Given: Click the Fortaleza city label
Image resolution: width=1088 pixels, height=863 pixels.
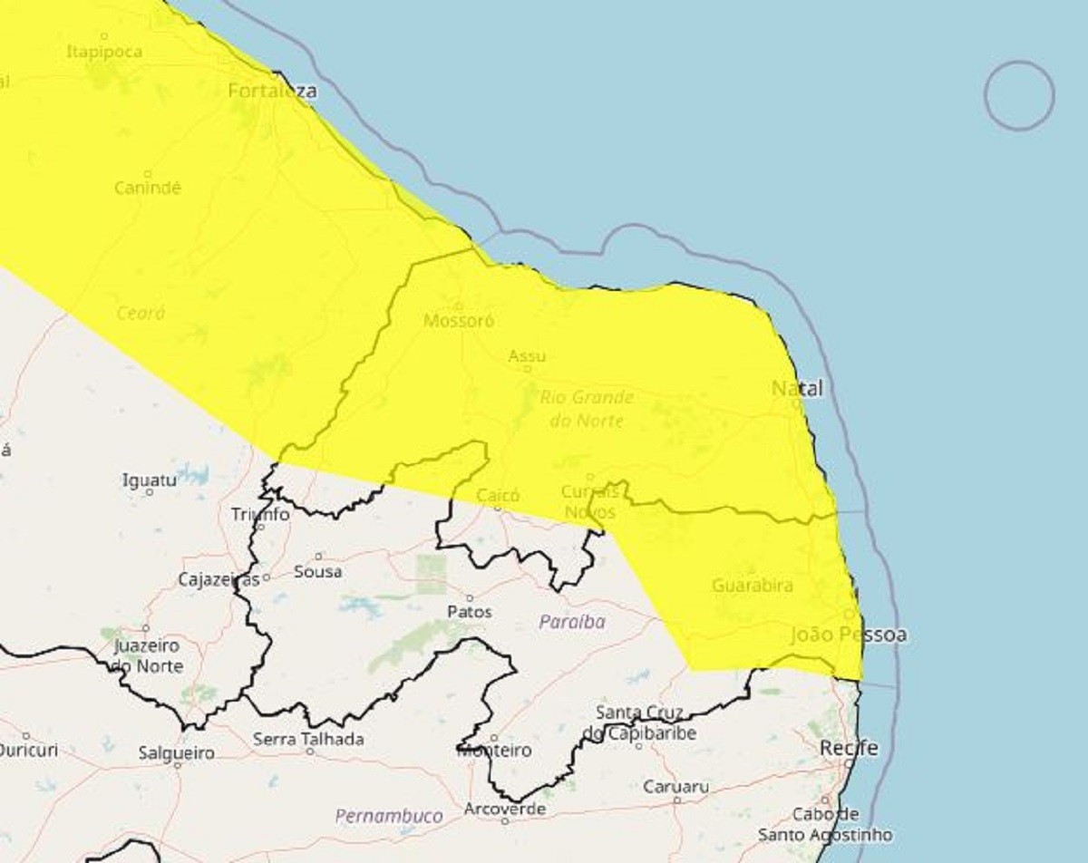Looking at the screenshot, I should point(273,91).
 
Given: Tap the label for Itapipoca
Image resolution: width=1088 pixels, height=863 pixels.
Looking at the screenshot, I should point(104,52).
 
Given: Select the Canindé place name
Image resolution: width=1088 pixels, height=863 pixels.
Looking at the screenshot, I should point(148,188).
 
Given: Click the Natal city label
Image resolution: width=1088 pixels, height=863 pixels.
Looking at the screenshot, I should point(798,388).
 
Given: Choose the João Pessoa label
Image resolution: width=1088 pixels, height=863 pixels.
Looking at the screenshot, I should point(849,635).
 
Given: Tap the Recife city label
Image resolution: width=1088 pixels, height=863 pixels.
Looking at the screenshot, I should point(849,749).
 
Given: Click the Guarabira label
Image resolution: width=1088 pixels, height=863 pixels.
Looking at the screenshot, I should point(753,586).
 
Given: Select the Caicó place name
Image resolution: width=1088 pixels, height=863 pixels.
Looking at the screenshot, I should point(498,496).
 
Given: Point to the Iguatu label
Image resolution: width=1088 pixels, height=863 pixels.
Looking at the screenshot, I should point(150,480).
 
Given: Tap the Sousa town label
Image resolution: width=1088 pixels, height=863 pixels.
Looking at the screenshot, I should point(318,572).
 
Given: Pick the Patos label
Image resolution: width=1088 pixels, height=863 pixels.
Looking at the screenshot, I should point(470,612).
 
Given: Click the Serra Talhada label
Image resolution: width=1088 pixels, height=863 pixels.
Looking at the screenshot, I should point(308,740).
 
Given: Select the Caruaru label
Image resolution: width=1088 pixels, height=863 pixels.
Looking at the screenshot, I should point(676,787).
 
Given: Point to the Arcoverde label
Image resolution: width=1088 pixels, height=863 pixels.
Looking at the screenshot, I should point(505,809).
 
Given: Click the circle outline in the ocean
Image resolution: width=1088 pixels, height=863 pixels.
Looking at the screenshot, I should point(1019,95).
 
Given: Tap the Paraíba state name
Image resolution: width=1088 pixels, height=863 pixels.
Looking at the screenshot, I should point(571,622).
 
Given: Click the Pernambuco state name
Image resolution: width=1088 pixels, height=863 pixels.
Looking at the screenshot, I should point(389,816).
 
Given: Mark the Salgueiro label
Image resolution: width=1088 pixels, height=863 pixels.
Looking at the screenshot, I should point(177,753).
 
